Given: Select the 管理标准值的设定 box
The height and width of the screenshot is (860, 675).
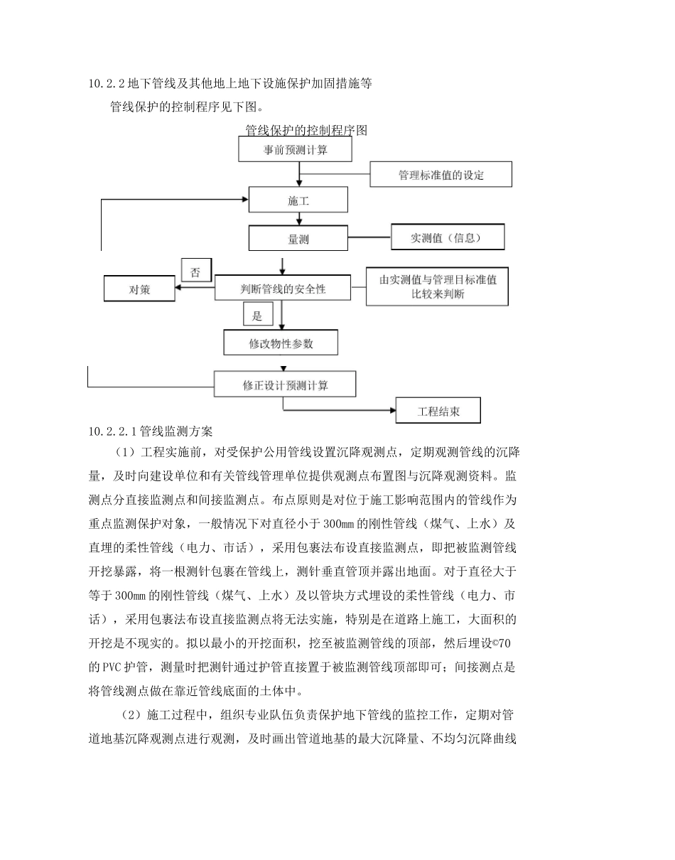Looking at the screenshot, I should [441, 174].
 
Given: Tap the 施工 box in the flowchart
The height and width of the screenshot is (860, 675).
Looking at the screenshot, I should [298, 200].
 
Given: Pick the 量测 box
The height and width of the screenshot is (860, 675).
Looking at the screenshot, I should [298, 239].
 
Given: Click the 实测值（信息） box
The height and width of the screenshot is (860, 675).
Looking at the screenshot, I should [448, 237].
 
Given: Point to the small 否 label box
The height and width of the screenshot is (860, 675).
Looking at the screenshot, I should [197, 271].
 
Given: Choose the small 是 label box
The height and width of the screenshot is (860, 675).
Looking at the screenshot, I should [257, 315].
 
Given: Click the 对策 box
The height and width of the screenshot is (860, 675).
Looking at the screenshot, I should [139, 289].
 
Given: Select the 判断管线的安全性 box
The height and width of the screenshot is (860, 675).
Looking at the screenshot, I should [283, 289].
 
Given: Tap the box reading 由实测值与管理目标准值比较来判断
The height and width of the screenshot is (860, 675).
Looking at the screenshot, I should [437, 286].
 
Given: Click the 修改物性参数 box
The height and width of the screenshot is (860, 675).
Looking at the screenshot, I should [281, 343].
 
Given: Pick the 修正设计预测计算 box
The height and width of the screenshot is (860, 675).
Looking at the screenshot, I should [284, 385].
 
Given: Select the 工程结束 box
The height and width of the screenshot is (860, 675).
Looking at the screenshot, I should [438, 411].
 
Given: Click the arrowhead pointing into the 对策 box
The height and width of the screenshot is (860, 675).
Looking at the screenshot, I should [179, 289].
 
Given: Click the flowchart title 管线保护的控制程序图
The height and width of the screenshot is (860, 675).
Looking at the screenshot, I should [306, 131].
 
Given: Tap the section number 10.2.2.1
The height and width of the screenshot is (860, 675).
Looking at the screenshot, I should [113, 431].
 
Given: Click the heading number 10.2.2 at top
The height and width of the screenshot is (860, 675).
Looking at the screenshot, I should [106, 84].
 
